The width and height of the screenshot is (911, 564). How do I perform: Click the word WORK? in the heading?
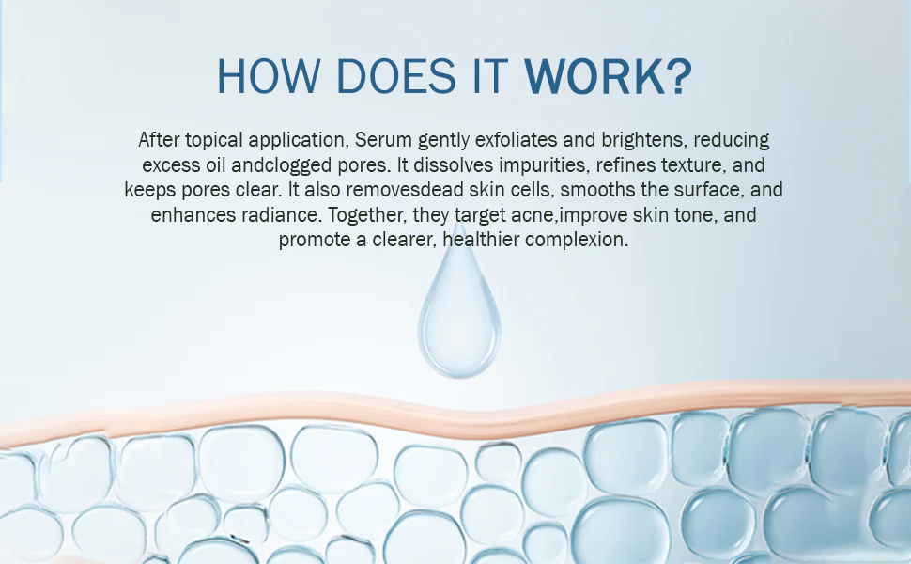[x=608, y=77]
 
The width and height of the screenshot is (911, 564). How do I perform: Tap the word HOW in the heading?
[x=269, y=77]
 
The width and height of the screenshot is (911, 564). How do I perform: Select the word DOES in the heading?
[x=396, y=77]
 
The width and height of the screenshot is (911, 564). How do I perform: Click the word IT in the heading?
[x=490, y=77]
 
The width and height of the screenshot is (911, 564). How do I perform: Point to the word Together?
[x=367, y=215]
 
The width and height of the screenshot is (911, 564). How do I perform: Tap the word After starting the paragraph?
[x=160, y=140]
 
